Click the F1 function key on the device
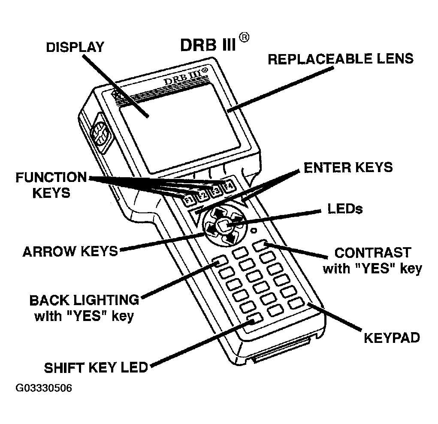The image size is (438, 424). click(187, 200)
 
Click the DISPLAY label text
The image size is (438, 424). click(75, 47)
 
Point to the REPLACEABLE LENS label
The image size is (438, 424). click(341, 59)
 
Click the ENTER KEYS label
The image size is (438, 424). click(348, 167)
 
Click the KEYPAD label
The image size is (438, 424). click(392, 338)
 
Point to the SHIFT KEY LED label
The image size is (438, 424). click(96, 367)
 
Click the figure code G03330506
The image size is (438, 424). click(44, 388)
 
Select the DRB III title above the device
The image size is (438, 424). click(208, 44)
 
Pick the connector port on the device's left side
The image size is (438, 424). click(99, 134)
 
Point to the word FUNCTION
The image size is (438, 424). click(51, 177)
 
